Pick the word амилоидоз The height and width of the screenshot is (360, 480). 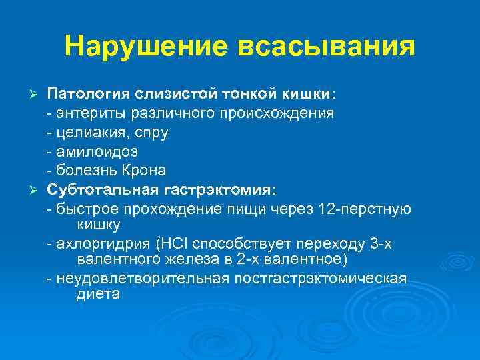[x=88, y=151]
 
